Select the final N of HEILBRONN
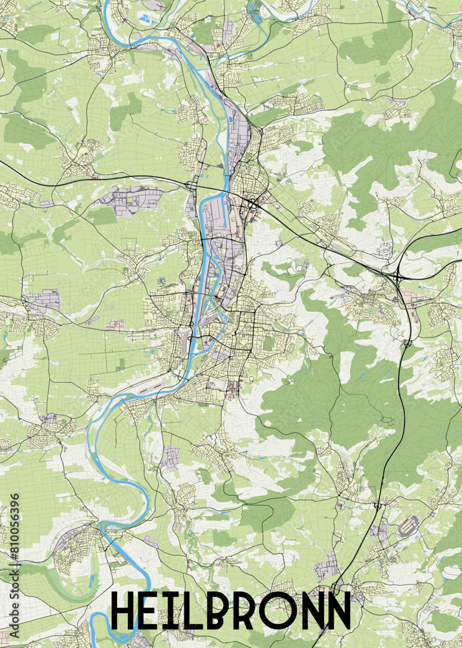[x=337, y=611]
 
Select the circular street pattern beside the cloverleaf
[x=385, y=249]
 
